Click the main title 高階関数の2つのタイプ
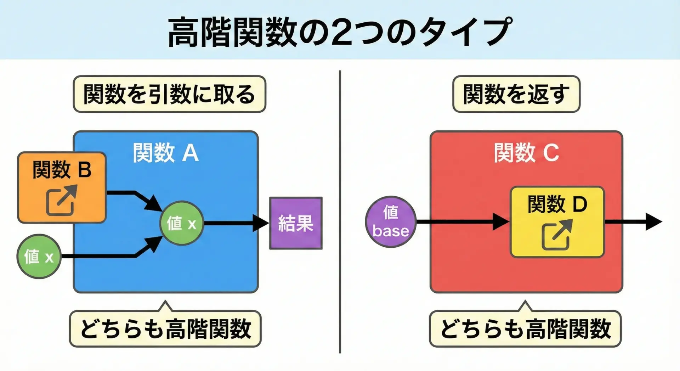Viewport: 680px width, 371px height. (339, 32)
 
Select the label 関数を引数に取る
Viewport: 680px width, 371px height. (169, 94)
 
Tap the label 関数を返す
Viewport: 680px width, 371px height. (516, 94)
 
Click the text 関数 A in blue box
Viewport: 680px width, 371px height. (165, 153)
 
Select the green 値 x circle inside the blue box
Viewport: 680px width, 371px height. (182, 223)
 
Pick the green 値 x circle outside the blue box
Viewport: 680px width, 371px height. (39, 256)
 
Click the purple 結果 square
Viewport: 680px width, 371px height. (296, 223)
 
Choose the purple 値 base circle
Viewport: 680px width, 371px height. (391, 222)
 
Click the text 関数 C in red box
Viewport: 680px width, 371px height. (526, 153)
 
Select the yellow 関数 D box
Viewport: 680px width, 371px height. (557, 222)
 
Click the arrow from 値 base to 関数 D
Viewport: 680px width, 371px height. (460, 222)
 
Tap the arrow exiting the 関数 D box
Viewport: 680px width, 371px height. (632, 222)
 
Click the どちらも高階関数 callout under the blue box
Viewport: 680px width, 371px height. (165, 329)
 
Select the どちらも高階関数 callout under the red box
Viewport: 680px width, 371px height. (525, 329)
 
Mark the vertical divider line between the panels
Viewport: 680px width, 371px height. (340, 213)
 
